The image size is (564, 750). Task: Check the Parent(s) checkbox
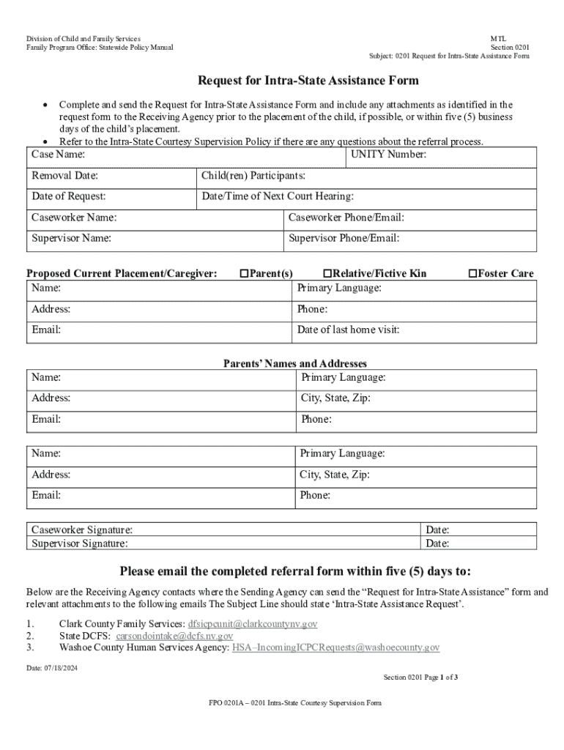pos(245,274)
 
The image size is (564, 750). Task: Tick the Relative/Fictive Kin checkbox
pos(327,274)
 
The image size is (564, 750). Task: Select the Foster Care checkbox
pos(472,274)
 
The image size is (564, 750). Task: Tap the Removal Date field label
pos(64,176)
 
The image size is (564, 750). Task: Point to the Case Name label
pos(58,155)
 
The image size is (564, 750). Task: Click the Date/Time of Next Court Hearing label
pos(278,196)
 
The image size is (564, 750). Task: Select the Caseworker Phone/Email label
pos(346,218)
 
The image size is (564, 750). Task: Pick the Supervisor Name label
pos(71,238)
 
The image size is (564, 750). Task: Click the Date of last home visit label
pos(348,330)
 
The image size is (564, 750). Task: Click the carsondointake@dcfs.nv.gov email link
pos(174,636)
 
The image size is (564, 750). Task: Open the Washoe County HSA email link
pos(335,647)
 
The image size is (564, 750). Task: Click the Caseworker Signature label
pos(82,530)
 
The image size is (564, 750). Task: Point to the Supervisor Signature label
pos(79,543)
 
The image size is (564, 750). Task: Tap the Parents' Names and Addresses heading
pos(294,364)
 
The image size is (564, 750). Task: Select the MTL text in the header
pos(498,38)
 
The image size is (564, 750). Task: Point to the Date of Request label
pos(68,196)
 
